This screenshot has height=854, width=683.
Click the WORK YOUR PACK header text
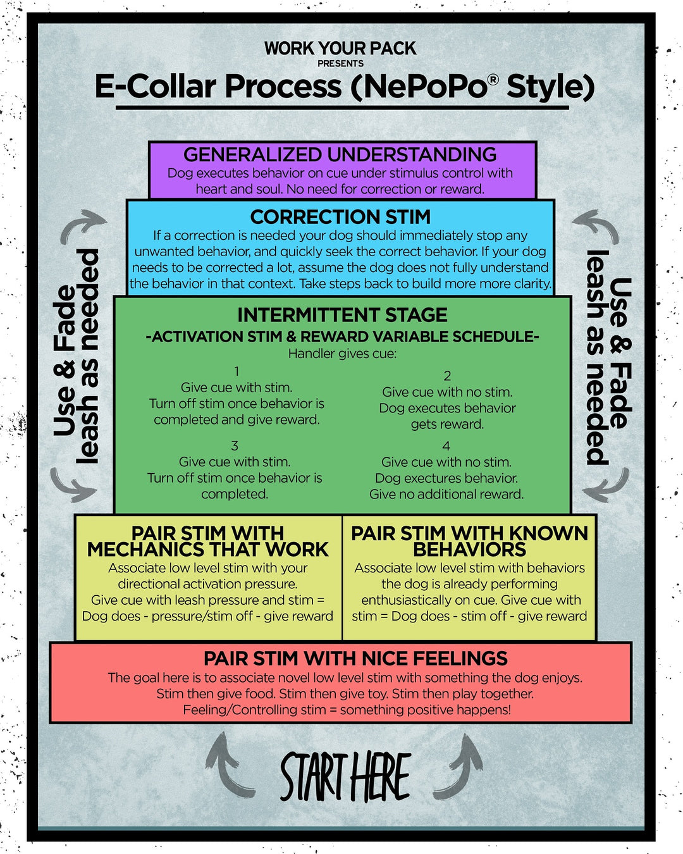[340, 48]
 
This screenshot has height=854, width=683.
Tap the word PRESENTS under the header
[340, 63]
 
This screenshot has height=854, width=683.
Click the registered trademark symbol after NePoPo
[493, 79]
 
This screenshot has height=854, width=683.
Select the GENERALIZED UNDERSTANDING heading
[340, 154]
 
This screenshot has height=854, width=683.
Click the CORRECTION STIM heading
[340, 217]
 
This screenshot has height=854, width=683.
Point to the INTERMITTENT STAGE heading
[342, 315]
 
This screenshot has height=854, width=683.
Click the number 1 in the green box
[237, 371]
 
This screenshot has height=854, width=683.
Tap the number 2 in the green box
[447, 376]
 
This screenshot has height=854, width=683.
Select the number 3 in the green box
[235, 445]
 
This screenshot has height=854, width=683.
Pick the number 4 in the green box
[446, 446]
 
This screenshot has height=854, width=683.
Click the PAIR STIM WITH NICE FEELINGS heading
[355, 659]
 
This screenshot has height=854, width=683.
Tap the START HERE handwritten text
[345, 776]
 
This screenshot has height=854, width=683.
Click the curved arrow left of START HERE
[226, 765]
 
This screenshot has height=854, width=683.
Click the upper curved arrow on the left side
[82, 226]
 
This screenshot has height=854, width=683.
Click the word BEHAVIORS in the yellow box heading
[469, 549]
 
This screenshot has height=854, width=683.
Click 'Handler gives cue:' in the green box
[342, 354]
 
